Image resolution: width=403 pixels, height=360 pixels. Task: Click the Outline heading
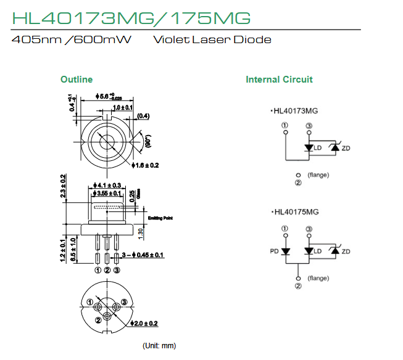pos(77,80)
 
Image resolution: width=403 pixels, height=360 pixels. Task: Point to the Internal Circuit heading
pos(279,80)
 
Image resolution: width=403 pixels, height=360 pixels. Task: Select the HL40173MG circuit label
pos(298,112)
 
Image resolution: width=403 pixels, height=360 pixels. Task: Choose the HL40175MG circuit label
pos(298,212)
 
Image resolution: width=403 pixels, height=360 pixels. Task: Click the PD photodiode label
pos(274,252)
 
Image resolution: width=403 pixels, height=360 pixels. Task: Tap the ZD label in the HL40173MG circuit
pos(346,148)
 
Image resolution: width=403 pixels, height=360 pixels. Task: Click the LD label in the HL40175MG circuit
pos(318,252)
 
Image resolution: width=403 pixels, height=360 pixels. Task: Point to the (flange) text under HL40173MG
pos(318,175)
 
